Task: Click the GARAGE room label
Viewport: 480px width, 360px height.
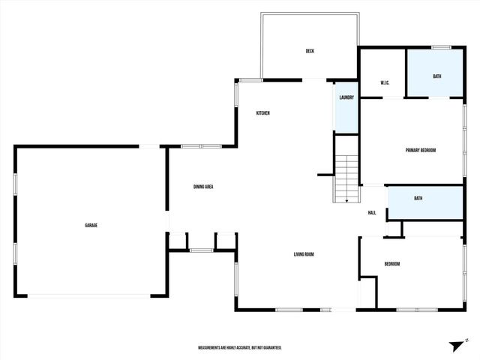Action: (x=91, y=225)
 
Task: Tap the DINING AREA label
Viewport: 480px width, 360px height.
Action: (x=204, y=187)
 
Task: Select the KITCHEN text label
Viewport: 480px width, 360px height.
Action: (x=262, y=113)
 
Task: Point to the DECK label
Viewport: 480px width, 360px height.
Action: (x=310, y=51)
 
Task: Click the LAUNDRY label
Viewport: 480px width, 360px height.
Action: (x=346, y=97)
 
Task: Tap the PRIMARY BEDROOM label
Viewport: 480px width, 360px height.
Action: (x=421, y=151)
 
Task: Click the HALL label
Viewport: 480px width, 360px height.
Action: (x=372, y=213)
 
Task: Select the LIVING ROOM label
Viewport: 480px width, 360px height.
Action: (x=304, y=254)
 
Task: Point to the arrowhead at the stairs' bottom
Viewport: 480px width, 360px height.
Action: (x=346, y=200)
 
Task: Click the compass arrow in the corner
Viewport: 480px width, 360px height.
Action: (x=455, y=345)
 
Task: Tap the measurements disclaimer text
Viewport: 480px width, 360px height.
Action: (x=240, y=348)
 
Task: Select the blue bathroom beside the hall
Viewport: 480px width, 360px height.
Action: (x=424, y=203)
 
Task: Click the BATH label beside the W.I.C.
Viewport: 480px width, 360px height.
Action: (x=437, y=76)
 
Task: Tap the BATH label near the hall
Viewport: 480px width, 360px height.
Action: (x=418, y=198)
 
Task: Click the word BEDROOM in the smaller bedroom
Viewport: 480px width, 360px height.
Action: (x=392, y=264)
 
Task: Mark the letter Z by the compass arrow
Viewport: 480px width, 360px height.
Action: (x=466, y=340)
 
